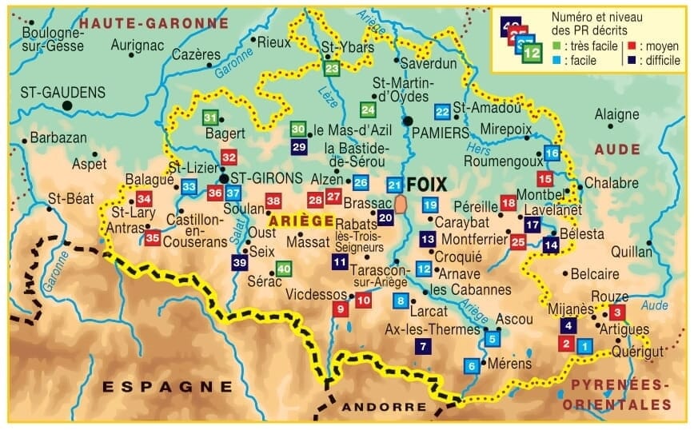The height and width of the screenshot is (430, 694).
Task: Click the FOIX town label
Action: point(427,185)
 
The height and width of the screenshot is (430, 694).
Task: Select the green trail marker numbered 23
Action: point(332,70)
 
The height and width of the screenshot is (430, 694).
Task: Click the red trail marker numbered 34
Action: point(144,199)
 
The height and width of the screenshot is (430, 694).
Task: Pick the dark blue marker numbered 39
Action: point(239,262)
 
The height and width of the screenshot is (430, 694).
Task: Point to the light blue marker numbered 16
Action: point(552,153)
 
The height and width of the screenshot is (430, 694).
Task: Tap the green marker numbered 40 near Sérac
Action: point(284,269)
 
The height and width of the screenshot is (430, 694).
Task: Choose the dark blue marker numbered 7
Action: point(421,346)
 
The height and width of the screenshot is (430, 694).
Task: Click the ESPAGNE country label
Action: point(167,387)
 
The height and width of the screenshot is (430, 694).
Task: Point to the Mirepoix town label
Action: point(506,128)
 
